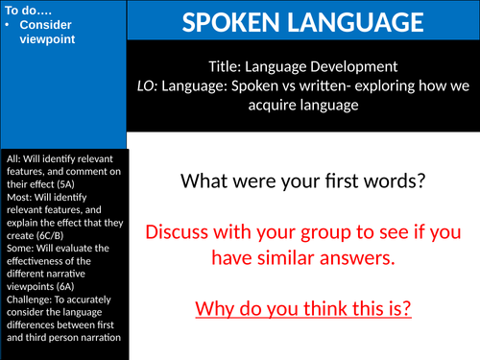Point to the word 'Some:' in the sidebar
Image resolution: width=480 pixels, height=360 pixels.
tap(18, 245)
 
